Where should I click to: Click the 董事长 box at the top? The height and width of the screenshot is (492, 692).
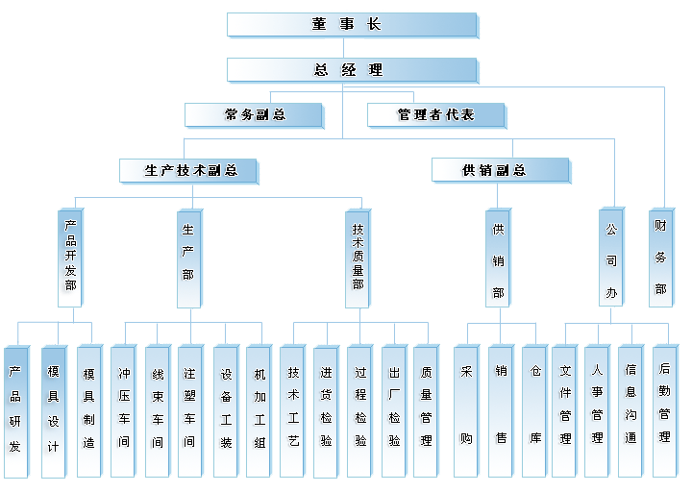[351, 25]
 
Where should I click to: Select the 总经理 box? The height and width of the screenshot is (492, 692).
[351, 70]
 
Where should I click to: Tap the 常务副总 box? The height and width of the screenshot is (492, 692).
[253, 115]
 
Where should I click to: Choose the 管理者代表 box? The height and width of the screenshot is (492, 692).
[435, 115]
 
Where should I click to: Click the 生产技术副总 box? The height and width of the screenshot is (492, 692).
[191, 171]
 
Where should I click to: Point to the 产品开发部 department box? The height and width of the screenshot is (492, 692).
[69, 257]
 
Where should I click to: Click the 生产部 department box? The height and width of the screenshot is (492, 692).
[188, 257]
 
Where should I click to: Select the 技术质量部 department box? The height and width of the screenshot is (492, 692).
[358, 257]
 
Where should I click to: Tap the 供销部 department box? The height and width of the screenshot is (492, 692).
[497, 257]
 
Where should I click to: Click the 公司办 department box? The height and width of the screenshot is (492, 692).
[610, 257]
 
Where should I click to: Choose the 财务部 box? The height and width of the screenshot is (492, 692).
[660, 257]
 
